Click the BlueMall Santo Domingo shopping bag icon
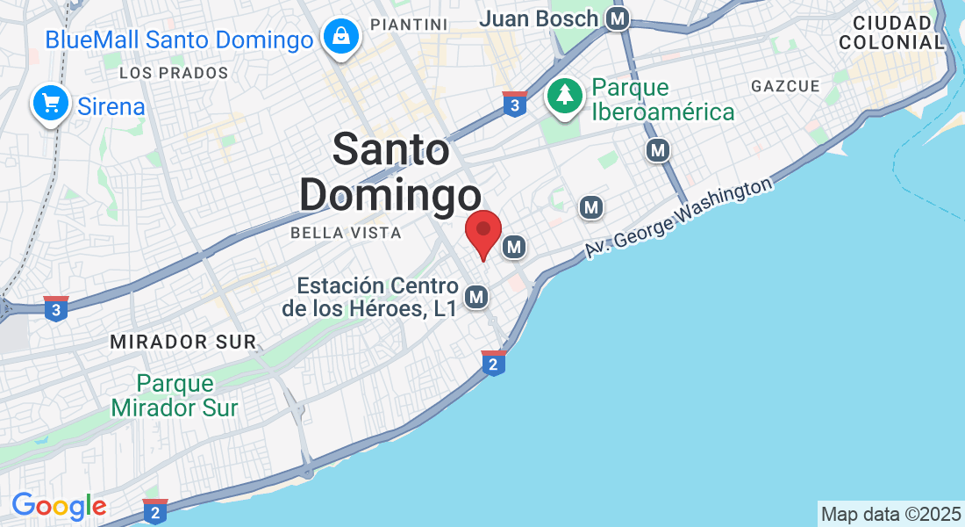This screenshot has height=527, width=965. pyautogui.click(x=339, y=37)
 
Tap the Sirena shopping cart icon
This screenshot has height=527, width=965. pyautogui.click(x=51, y=105)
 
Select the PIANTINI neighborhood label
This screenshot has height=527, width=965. pyautogui.click(x=409, y=24)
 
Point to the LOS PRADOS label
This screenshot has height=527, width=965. pyautogui.click(x=174, y=73)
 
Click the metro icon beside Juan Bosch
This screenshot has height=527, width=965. pyautogui.click(x=619, y=18)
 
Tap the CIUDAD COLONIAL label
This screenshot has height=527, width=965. pyautogui.click(x=890, y=32)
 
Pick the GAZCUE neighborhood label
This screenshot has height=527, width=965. pyautogui.click(x=785, y=86)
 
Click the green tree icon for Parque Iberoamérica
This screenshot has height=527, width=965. pyautogui.click(x=565, y=96)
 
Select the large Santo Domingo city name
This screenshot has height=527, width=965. pyautogui.click(x=390, y=172)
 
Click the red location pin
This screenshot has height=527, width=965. pyautogui.click(x=482, y=232)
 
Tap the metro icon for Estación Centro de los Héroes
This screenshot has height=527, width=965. pyautogui.click(x=476, y=298)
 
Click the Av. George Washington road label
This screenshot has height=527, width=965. pyautogui.click(x=680, y=218)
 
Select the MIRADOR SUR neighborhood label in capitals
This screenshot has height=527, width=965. pyautogui.click(x=182, y=342)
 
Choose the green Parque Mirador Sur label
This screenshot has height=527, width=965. pyautogui.click(x=175, y=396)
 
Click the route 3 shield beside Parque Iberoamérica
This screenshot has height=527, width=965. pyautogui.click(x=514, y=104)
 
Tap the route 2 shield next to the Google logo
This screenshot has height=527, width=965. pyautogui.click(x=154, y=510)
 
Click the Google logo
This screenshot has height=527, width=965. pyautogui.click(x=59, y=506)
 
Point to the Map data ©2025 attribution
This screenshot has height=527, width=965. pyautogui.click(x=890, y=514)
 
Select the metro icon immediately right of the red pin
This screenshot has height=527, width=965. pyautogui.click(x=514, y=248)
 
